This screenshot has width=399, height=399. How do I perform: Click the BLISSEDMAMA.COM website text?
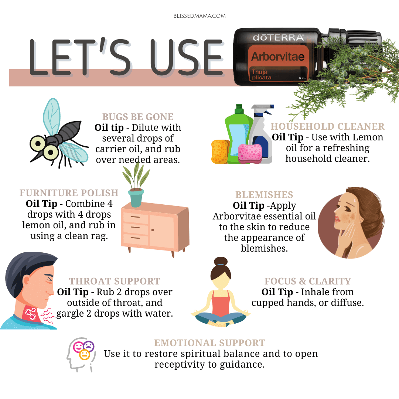pyautogui.click(x=199, y=16)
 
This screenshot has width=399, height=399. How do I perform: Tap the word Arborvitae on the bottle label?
pyautogui.click(x=278, y=57)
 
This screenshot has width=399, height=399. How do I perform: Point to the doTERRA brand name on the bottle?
pyautogui.click(x=279, y=37)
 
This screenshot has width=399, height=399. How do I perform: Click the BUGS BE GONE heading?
pyautogui.click(x=138, y=117)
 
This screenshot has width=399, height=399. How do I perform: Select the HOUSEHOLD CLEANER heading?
pyautogui.click(x=327, y=126)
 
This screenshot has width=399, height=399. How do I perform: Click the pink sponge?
pyautogui.click(x=250, y=153)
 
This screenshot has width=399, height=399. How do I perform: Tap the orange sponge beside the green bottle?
pyautogui.click(x=220, y=151)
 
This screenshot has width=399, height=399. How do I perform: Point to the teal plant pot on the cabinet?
pyautogui.click(x=136, y=198)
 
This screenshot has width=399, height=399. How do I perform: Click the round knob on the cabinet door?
pyautogui.click(x=153, y=230)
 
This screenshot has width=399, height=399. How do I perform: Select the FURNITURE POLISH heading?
pyautogui.click(x=69, y=193)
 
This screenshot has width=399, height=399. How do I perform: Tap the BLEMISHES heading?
pyautogui.click(x=264, y=195)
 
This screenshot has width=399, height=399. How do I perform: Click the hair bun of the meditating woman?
pyautogui.click(x=221, y=261)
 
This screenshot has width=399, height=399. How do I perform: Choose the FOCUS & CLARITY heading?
pyautogui.click(x=308, y=281)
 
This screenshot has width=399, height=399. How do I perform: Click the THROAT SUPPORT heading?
pyautogui.click(x=115, y=281)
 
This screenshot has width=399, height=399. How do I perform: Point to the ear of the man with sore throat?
pyautogui.click(x=26, y=280)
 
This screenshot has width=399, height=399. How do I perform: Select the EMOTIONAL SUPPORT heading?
pyautogui.click(x=210, y=343)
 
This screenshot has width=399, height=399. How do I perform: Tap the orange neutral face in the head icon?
pyautogui.click(x=85, y=355)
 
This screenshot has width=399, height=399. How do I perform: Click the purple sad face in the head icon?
pyautogui.click(x=89, y=346)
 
